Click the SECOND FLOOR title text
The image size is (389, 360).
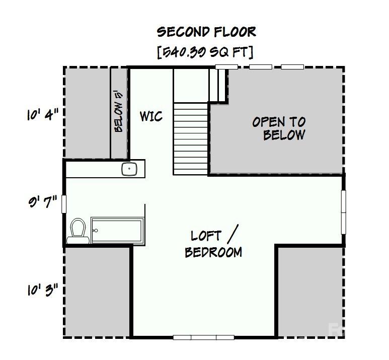click(x=206, y=32)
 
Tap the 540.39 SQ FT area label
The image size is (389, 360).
click(x=205, y=52)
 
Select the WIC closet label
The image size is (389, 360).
click(x=151, y=116)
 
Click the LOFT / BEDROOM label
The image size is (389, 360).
click(x=213, y=244)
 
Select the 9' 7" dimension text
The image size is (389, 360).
click(x=43, y=203)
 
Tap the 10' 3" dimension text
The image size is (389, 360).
click(x=43, y=290)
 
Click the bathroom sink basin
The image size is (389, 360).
click(x=129, y=169)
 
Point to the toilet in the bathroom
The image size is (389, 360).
click(x=78, y=231)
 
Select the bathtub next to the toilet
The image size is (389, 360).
click(x=117, y=231)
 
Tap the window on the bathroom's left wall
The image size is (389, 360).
click(x=64, y=203)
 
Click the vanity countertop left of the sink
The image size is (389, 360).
click(x=93, y=169)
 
